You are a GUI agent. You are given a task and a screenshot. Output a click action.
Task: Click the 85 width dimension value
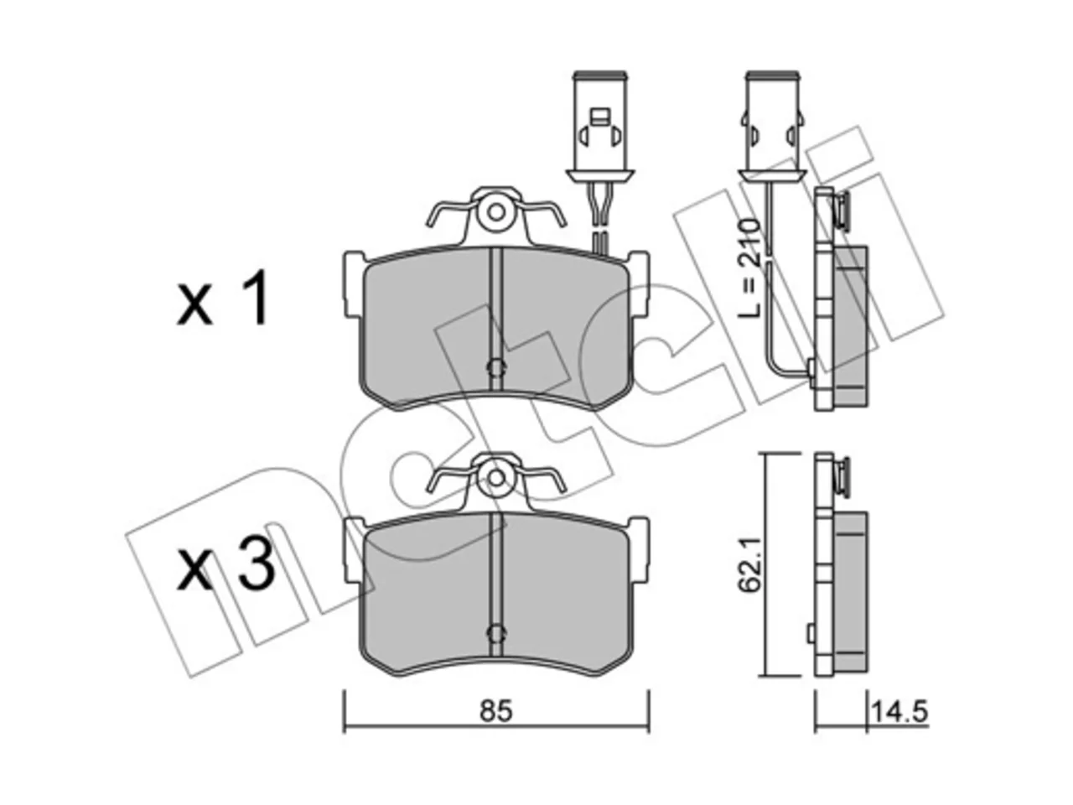point(495,712)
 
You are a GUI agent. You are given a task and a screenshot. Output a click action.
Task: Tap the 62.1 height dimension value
point(749,564)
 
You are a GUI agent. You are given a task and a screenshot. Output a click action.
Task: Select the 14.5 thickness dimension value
point(899,712)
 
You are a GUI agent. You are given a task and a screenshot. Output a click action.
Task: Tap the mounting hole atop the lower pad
point(496,476)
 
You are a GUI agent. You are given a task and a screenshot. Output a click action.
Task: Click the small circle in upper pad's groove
point(496,368)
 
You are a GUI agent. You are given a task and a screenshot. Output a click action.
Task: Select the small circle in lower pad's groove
point(496,633)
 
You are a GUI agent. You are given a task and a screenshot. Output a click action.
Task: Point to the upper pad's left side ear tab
point(354,283)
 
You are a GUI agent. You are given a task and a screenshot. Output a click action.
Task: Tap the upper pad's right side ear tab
point(639,283)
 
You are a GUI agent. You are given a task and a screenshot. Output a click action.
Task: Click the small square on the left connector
point(599,117)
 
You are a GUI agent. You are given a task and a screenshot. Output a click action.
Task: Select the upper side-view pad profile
point(840,299)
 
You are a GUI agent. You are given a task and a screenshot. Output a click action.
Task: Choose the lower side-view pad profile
point(840,564)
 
